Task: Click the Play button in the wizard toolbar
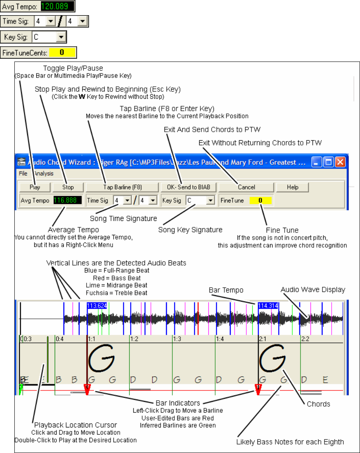point(35,187)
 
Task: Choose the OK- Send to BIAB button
point(188,187)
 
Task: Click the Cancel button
point(246,187)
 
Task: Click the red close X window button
point(340,163)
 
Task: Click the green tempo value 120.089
point(59,7)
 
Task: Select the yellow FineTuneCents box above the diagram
point(62,52)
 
